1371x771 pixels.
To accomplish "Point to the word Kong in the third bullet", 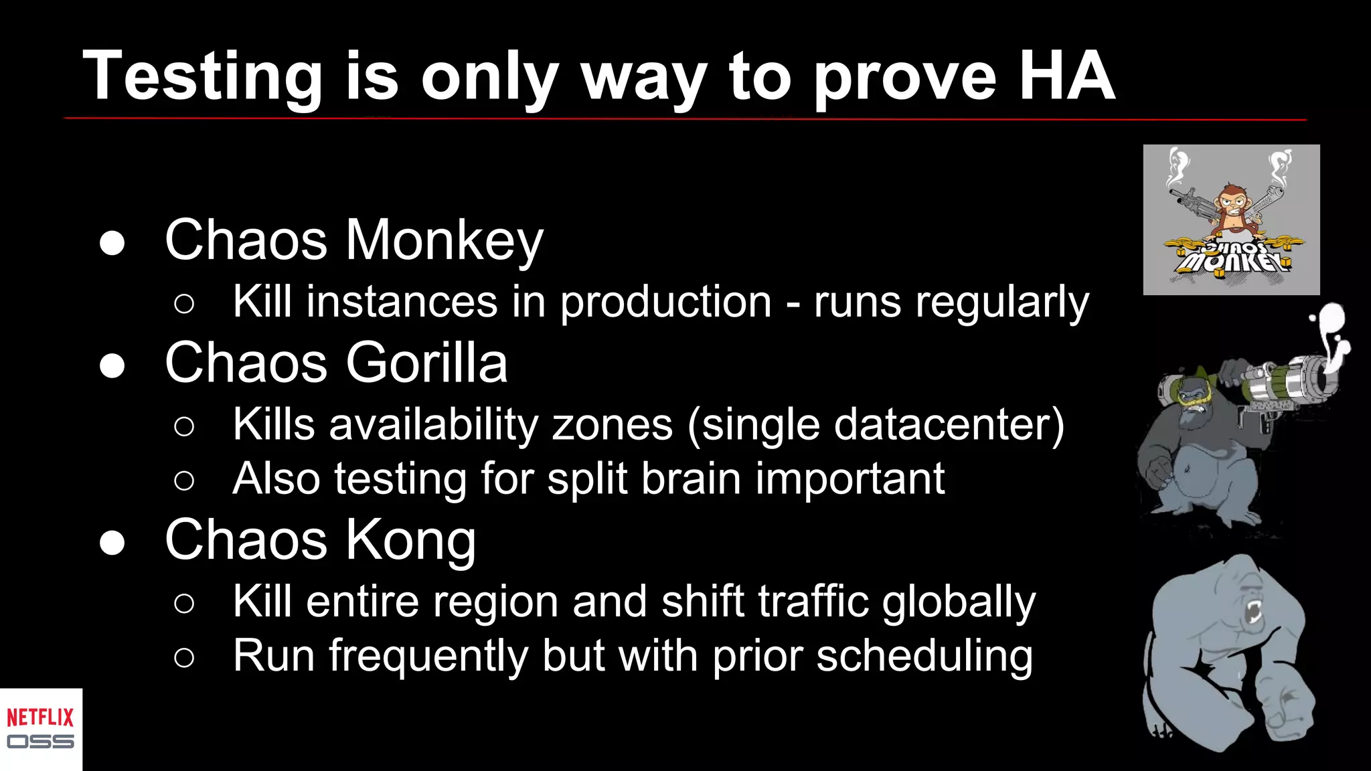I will [410, 540].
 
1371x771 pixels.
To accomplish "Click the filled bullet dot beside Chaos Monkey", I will [112, 243].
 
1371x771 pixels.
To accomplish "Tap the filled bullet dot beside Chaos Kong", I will [112, 543].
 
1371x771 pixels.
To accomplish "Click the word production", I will [665, 302].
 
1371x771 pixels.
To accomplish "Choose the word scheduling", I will [924, 656].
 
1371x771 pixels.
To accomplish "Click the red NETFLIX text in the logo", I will [40, 717].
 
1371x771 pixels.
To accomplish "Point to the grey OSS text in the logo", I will [40, 742].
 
